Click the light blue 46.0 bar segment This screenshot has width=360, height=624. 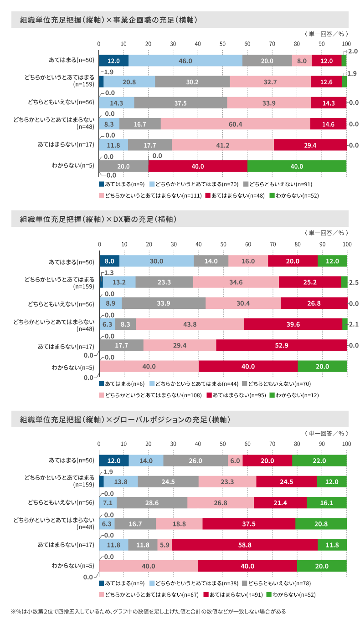click(x=185, y=61)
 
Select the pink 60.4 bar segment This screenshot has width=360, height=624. click(x=235, y=124)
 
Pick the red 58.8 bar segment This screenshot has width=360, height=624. click(x=245, y=545)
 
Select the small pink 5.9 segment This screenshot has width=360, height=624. click(x=165, y=545)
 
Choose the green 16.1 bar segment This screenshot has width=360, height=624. click(x=326, y=503)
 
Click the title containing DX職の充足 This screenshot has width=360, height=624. click(x=98, y=220)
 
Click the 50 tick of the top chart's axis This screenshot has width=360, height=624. click(x=222, y=44)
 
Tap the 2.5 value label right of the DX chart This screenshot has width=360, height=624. click(x=354, y=282)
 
